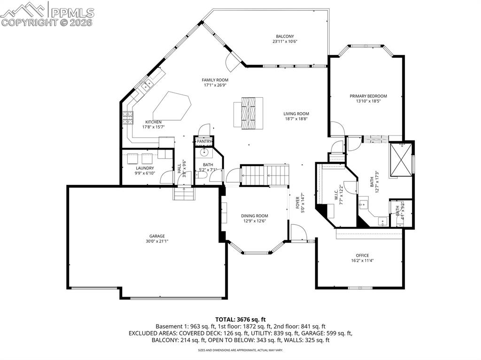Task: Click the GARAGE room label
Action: click(157, 236)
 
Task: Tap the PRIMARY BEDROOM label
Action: click(368, 96)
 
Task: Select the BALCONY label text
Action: click(285, 36)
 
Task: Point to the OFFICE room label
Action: click(362, 255)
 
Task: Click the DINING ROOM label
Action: click(255, 216)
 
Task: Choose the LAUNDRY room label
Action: click(145, 168)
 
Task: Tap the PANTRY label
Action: click(204, 141)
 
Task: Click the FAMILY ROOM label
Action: click(215, 80)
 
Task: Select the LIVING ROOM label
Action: click(296, 114)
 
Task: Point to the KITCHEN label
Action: click(153, 122)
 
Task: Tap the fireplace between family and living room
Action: click(248, 113)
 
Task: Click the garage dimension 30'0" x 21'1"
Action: click(157, 241)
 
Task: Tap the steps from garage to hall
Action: click(184, 193)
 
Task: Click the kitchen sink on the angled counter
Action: click(147, 85)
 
